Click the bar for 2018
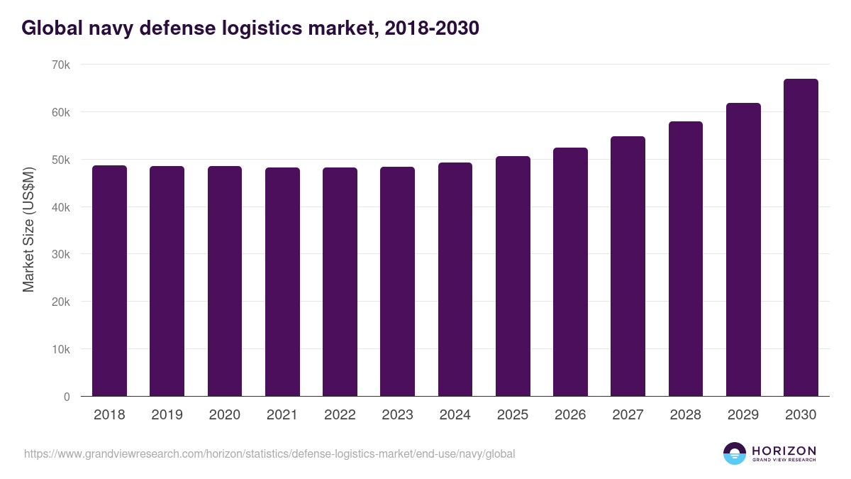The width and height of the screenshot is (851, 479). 109,281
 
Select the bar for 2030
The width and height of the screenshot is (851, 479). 801,238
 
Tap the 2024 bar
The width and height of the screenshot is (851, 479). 455,280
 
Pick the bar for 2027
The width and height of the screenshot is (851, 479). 628,266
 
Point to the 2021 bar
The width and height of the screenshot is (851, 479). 282,282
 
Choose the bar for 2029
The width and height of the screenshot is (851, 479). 743,250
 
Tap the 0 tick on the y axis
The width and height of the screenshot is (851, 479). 67,397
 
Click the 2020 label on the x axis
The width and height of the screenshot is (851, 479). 224,415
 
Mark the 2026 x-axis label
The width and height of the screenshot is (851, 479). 570,415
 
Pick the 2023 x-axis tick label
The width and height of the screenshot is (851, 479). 397,415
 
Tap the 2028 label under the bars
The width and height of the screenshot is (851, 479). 686,415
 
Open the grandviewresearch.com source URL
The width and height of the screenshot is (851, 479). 269,453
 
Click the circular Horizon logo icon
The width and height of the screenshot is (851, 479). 735,453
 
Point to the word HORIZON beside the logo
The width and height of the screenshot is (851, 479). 784,451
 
